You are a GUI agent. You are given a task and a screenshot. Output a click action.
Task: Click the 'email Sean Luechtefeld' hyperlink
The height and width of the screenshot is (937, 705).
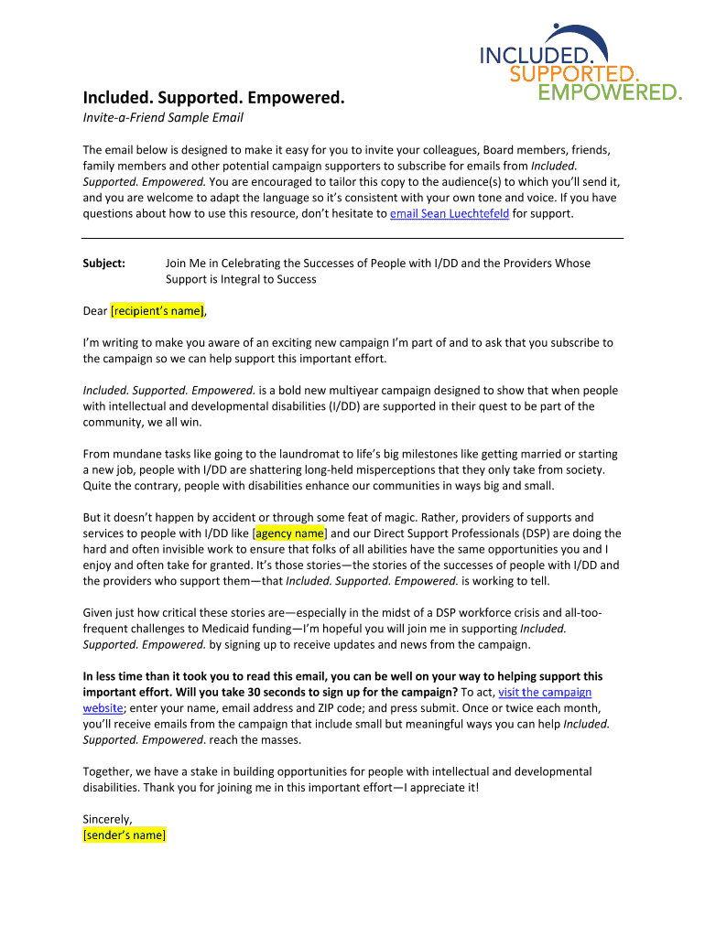[449, 214]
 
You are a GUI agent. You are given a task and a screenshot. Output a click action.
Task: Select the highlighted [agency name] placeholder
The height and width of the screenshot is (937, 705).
[289, 533]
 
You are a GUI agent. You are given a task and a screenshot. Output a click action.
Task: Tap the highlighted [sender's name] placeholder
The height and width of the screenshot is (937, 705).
[124, 835]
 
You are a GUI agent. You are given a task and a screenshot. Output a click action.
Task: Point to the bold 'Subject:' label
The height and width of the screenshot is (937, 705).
[104, 264]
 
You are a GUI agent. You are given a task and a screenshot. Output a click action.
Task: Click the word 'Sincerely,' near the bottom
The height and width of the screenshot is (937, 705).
[108, 819]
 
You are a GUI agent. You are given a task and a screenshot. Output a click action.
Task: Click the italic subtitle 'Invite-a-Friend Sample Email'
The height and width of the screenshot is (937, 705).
[163, 118]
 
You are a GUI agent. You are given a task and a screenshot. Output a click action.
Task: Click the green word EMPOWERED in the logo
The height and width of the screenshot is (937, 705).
[609, 92]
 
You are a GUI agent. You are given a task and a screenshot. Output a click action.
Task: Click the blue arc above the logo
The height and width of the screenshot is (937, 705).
[576, 33]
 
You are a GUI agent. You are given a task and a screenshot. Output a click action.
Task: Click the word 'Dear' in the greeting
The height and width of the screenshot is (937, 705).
[95, 311]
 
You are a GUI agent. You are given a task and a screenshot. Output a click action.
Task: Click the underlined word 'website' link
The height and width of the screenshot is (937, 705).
[103, 707]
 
